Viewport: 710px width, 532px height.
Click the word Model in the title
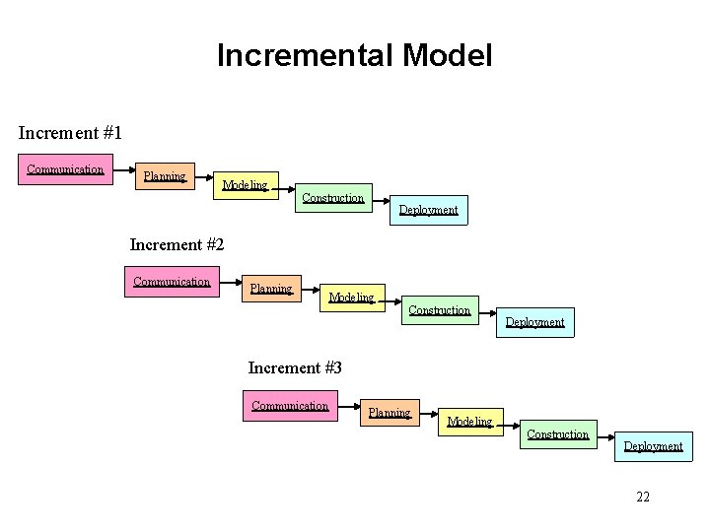(447, 55)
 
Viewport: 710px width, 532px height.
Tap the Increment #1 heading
(69, 131)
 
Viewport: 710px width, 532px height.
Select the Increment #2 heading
(177, 244)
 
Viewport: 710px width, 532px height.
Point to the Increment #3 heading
(295, 367)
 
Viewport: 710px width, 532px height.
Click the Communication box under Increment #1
(65, 169)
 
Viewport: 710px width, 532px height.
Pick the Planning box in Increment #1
(165, 176)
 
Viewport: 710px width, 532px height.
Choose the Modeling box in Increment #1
(245, 184)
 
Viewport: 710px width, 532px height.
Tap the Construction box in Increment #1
(333, 198)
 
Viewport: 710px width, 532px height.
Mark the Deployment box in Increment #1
(428, 210)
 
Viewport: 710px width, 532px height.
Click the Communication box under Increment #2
(173, 282)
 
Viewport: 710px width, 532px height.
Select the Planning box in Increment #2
(271, 289)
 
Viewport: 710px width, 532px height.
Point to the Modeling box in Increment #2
(351, 298)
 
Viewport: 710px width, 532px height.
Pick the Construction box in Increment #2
(440, 310)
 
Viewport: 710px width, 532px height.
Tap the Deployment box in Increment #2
(534, 322)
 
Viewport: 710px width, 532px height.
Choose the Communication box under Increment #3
(290, 406)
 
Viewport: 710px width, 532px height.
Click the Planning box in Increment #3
(390, 413)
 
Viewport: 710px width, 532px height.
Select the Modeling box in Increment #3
(469, 422)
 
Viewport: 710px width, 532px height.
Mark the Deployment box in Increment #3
(653, 446)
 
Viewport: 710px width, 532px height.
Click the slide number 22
(643, 497)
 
